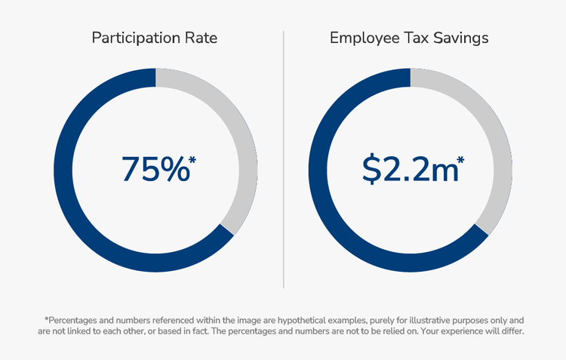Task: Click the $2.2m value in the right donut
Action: (x=409, y=169)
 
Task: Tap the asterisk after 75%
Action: (x=193, y=159)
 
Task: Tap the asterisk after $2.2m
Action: (x=460, y=159)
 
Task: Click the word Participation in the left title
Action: (x=139, y=38)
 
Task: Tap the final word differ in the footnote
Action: (x=512, y=331)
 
